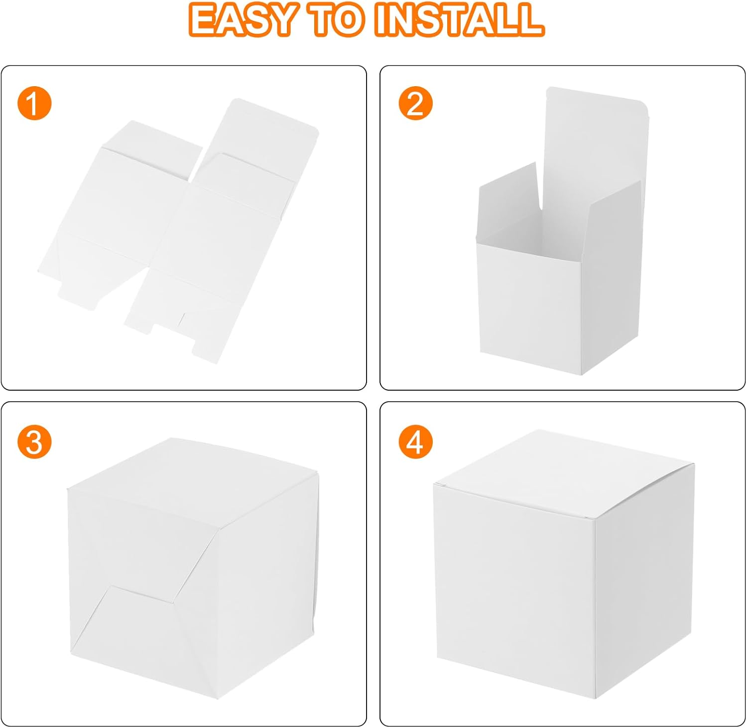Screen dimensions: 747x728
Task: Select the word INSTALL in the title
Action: coord(459,19)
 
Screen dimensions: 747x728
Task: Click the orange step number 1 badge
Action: coord(34,104)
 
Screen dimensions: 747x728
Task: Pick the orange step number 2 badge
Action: coord(415,104)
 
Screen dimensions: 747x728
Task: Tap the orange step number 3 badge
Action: coord(34,442)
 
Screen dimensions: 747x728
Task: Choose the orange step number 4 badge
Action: coord(415,442)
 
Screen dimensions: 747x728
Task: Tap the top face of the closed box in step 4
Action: coord(563,473)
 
